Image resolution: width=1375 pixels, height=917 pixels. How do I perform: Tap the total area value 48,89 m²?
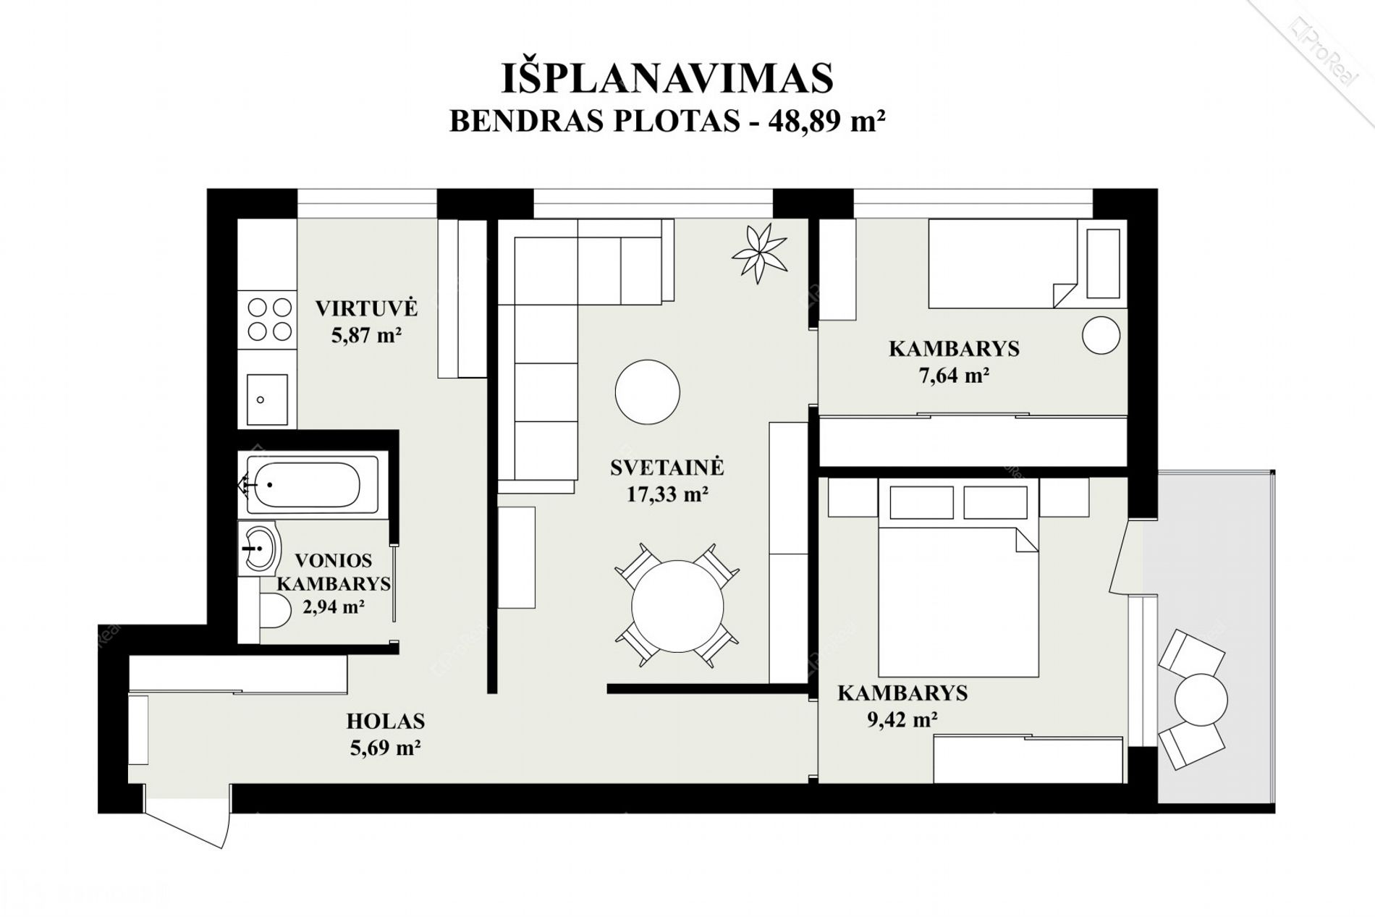pyautogui.click(x=827, y=121)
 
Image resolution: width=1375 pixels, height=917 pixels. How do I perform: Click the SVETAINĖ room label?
pyautogui.click(x=667, y=467)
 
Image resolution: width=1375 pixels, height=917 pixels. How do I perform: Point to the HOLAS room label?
pyautogui.click(x=386, y=721)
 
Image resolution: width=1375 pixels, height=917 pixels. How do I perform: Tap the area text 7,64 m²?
pyautogui.click(x=954, y=375)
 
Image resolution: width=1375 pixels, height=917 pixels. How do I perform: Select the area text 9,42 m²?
pyautogui.click(x=902, y=719)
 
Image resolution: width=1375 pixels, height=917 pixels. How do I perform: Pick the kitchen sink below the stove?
pyautogui.click(x=267, y=399)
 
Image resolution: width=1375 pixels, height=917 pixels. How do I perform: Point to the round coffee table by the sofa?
pyautogui.click(x=648, y=392)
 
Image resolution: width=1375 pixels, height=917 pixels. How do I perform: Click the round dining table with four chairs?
pyautogui.click(x=677, y=606)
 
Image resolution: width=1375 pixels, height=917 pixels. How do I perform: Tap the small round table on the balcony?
pyautogui.click(x=1201, y=700)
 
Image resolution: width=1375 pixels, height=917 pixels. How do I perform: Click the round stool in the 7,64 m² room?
pyautogui.click(x=1101, y=335)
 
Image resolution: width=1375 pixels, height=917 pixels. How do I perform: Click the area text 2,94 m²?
pyautogui.click(x=333, y=607)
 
